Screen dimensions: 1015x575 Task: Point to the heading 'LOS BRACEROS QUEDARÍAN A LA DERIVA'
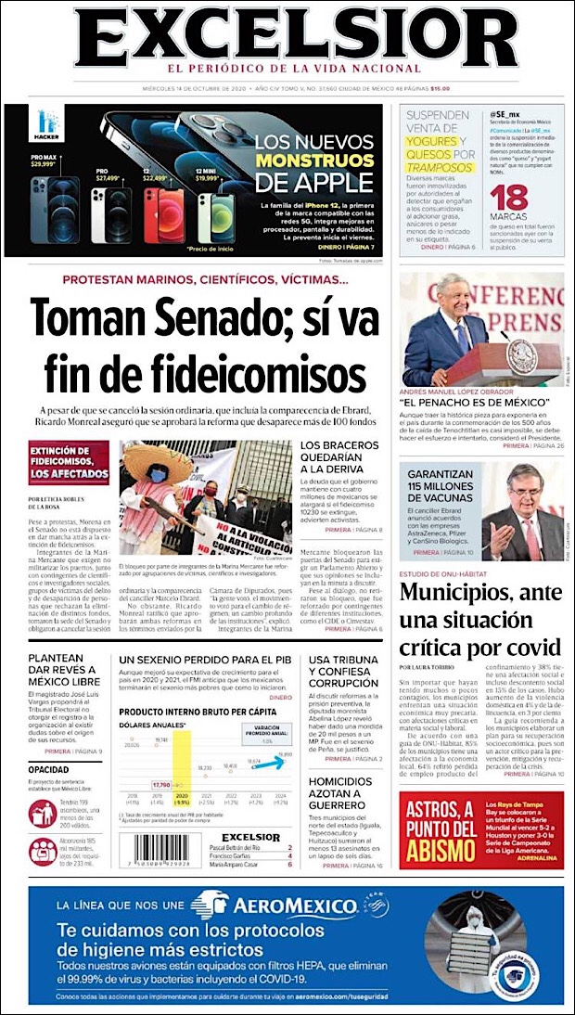coord(339,461)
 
